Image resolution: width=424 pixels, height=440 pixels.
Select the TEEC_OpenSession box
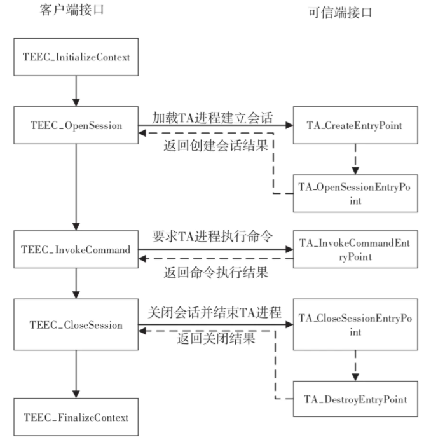coord(76,125)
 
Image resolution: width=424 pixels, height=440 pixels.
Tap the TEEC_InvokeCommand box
coord(76,250)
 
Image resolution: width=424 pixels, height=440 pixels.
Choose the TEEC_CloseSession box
coord(76,325)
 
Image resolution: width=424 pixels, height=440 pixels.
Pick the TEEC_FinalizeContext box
coord(76,418)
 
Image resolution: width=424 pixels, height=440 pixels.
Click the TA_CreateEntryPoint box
coord(356,125)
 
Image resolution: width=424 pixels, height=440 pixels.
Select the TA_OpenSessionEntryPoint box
coord(356,193)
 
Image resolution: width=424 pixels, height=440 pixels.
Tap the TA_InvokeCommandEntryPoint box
coord(356,250)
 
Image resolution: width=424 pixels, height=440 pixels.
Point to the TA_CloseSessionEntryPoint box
coord(356,325)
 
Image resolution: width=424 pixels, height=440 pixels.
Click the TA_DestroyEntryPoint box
coord(356,399)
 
